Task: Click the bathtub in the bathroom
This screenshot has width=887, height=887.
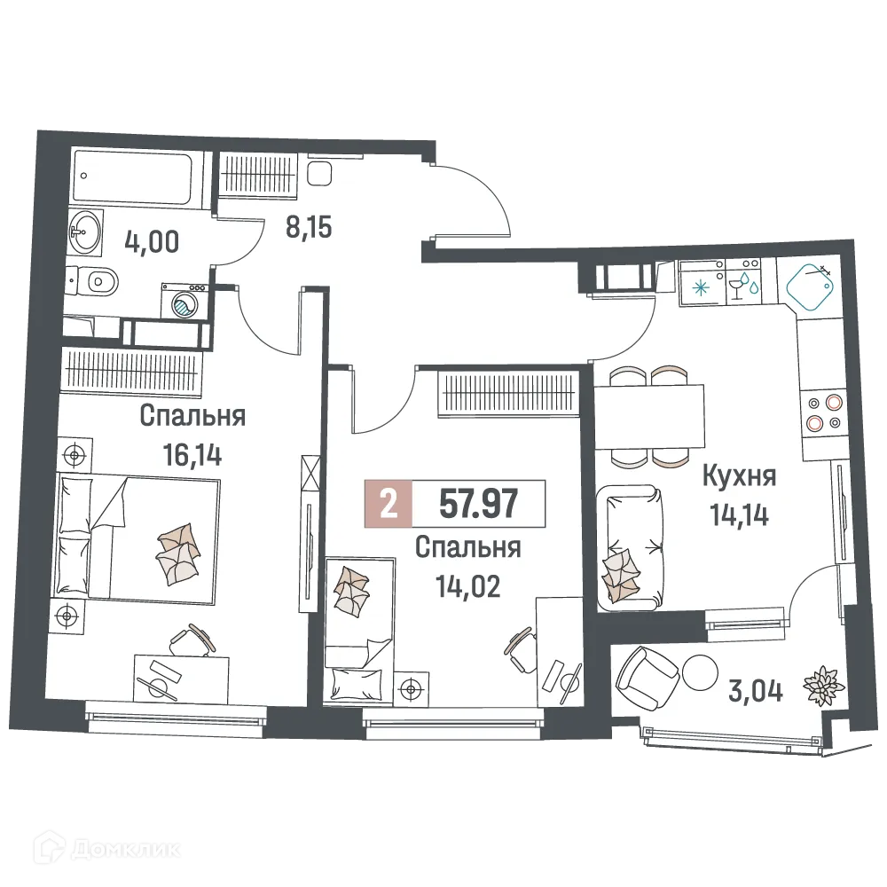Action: pyautogui.click(x=139, y=177)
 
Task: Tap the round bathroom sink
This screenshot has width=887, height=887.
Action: pyautogui.click(x=86, y=232)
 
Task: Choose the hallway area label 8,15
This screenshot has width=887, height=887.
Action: pyautogui.click(x=309, y=228)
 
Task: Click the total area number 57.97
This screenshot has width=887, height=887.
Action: pyautogui.click(x=479, y=504)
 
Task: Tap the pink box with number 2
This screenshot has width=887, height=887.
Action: pyautogui.click(x=388, y=504)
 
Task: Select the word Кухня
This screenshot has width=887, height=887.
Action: pyautogui.click(x=738, y=477)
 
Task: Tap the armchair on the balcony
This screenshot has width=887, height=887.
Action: pyautogui.click(x=646, y=675)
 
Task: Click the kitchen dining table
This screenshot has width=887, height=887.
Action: pyautogui.click(x=649, y=417)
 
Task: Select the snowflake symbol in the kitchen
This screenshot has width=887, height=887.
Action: pyautogui.click(x=701, y=287)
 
